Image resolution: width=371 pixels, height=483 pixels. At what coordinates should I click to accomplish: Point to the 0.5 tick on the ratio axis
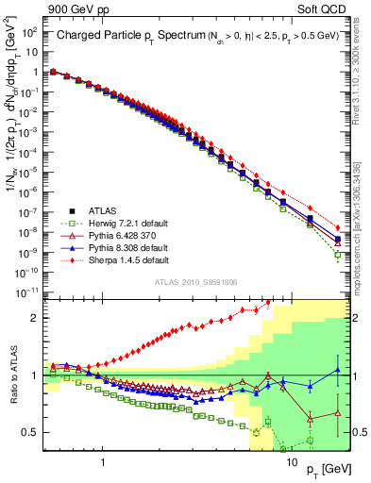[31, 432]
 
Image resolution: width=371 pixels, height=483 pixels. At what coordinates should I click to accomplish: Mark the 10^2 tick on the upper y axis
[29, 32]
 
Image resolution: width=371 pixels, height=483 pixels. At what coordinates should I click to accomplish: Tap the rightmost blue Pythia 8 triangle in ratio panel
[338, 369]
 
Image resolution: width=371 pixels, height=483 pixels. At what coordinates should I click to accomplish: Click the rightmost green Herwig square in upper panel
[338, 255]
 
